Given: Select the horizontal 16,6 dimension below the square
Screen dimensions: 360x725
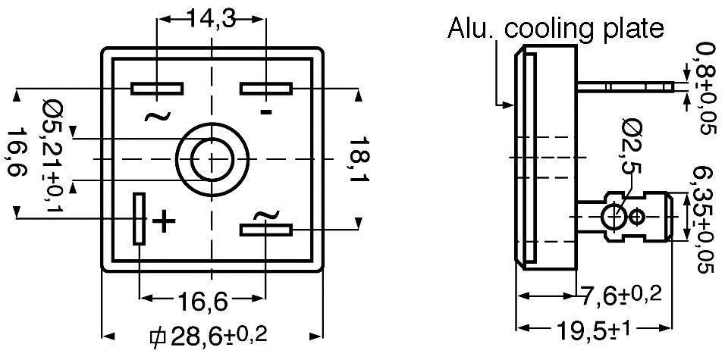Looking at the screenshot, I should coord(203,302).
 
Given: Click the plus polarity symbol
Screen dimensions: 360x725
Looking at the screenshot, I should coord(164,221).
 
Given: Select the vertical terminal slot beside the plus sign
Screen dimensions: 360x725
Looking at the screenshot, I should coord(139,218).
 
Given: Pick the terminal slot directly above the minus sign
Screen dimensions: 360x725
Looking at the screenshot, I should coord(266,89).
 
